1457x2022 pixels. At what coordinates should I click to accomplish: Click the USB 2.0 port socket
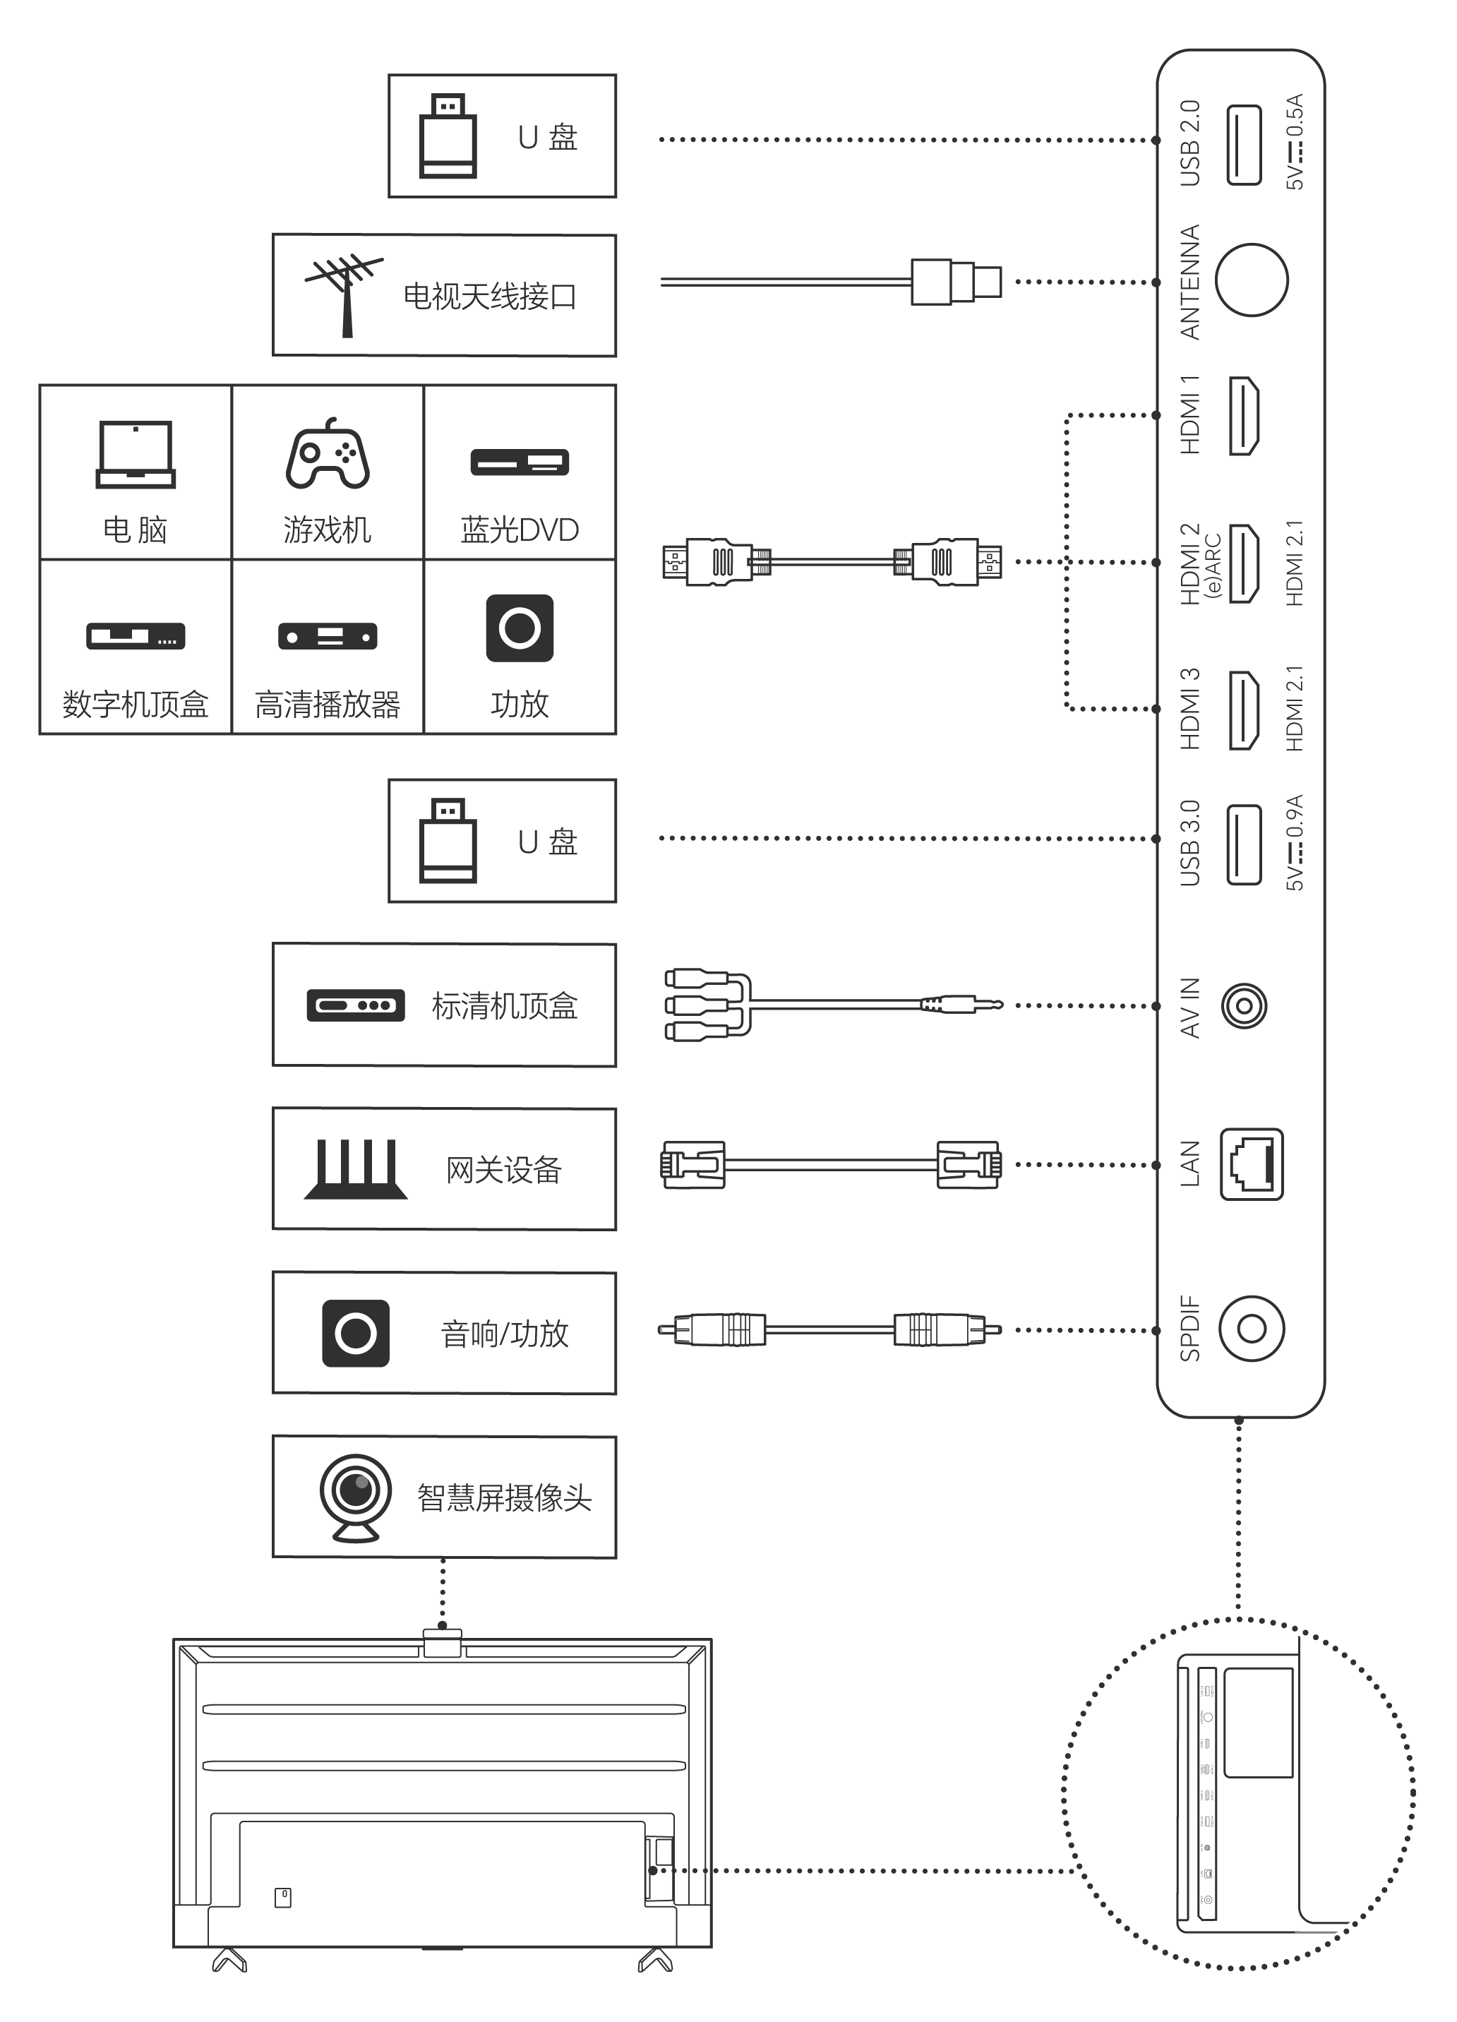tap(1243, 145)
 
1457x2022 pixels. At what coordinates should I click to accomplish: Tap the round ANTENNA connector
tap(1251, 280)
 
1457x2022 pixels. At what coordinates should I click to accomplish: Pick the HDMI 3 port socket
tap(1244, 710)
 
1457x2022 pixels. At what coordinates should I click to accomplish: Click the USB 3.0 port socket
tap(1243, 844)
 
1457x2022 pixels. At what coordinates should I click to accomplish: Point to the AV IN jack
tap(1244, 1005)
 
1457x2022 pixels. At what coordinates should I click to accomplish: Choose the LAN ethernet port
tap(1251, 1164)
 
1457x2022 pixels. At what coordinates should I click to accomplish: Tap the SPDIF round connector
tap(1251, 1329)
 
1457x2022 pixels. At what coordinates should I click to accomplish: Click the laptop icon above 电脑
tap(136, 455)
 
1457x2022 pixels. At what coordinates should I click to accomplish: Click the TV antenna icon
tap(343, 294)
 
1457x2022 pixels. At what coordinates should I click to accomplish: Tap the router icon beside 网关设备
tap(355, 1169)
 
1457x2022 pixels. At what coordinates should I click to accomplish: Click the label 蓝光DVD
tap(520, 530)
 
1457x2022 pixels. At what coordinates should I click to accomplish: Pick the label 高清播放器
tap(328, 705)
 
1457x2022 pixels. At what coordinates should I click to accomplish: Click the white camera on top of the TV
tap(443, 1642)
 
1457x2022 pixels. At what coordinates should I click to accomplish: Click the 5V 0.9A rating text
tap(1295, 842)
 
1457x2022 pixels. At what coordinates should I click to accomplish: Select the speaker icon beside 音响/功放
tap(355, 1333)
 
